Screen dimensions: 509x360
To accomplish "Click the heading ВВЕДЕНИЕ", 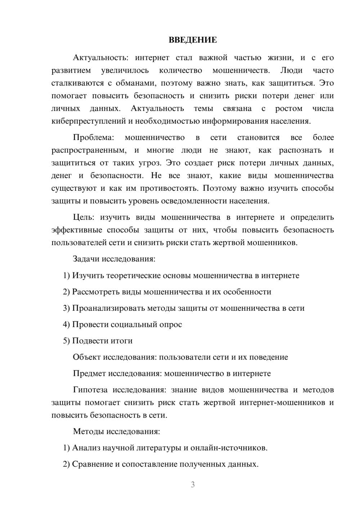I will [x=193, y=40].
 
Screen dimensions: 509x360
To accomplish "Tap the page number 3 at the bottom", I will [x=193, y=485].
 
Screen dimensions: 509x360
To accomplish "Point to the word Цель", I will [x=84, y=217].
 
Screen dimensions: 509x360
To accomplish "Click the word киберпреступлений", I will [x=87, y=121].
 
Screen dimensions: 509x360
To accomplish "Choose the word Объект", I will [x=87, y=357].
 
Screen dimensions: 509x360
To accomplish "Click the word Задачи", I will [x=86, y=259].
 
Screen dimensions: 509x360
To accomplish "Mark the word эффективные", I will [x=77, y=230].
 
